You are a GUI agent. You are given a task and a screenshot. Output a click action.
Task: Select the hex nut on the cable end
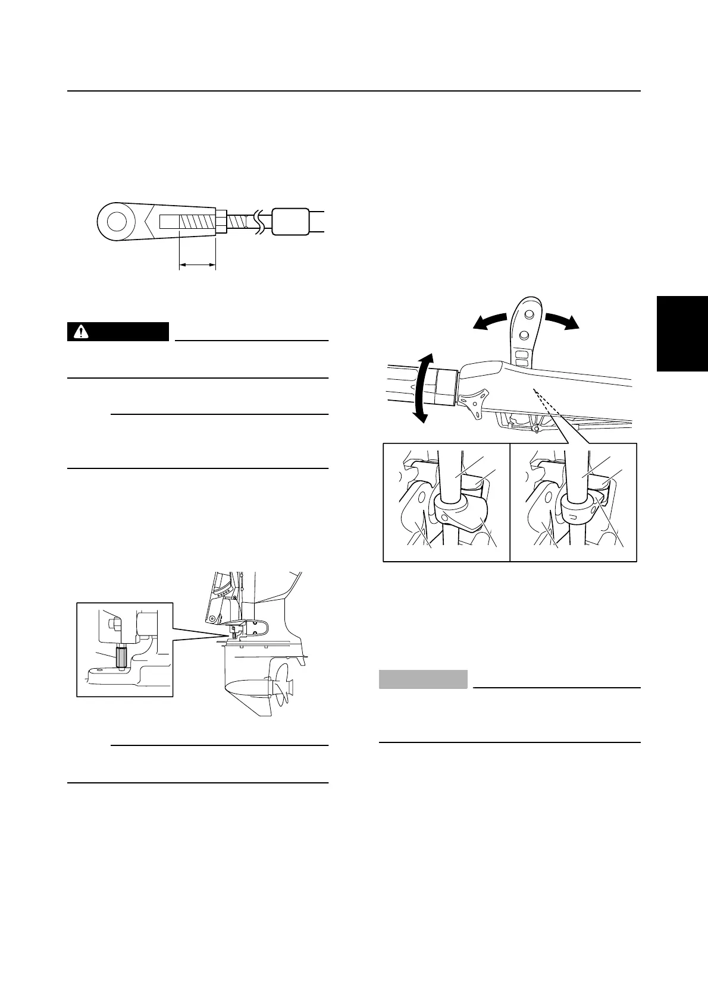tap(220, 223)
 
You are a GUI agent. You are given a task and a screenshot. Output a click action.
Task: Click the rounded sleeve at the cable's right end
tap(290, 222)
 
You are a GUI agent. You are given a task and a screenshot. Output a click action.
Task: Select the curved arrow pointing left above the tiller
tap(492, 320)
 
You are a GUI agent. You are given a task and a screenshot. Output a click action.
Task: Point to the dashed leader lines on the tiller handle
tap(545, 402)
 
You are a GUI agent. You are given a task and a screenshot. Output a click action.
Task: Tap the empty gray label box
tap(423, 679)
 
